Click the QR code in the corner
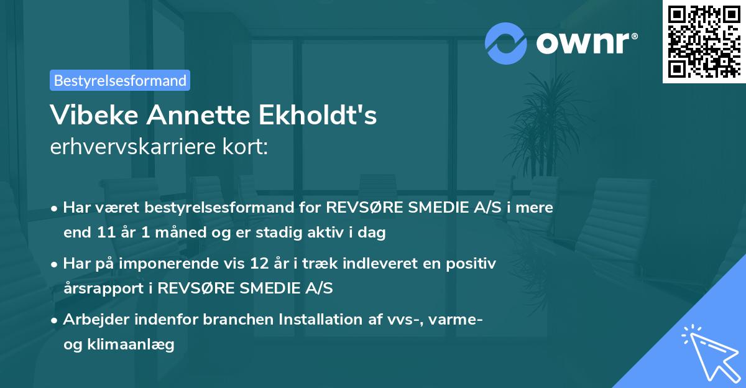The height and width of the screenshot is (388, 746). click(703, 41)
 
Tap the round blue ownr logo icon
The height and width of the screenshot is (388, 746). click(505, 43)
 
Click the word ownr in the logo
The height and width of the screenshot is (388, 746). click(585, 44)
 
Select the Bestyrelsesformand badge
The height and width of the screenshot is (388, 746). click(120, 80)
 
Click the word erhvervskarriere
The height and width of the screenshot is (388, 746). click(133, 148)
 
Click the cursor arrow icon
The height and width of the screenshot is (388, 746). click(709, 352)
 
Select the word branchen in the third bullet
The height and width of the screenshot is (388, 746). click(221, 320)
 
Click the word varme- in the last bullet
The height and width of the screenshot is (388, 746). click(457, 320)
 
